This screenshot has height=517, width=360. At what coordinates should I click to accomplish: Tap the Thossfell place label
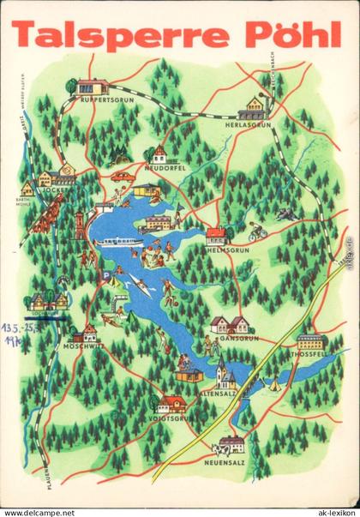pos(309,352)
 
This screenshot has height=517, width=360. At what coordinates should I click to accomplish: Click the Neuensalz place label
pos(228,457)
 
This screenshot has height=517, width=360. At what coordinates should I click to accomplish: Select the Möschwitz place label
pos(83,348)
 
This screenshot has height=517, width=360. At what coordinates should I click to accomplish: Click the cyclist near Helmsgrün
pos(257,232)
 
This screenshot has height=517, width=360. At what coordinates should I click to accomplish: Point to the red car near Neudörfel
pos(122,177)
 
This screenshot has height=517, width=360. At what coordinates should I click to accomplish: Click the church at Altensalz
pos(224,376)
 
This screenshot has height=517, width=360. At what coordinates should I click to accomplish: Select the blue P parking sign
pos(105,276)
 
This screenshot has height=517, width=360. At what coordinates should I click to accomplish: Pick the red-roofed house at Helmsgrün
pos(217,235)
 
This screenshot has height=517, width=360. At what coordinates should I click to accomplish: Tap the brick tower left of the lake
pos(80,225)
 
